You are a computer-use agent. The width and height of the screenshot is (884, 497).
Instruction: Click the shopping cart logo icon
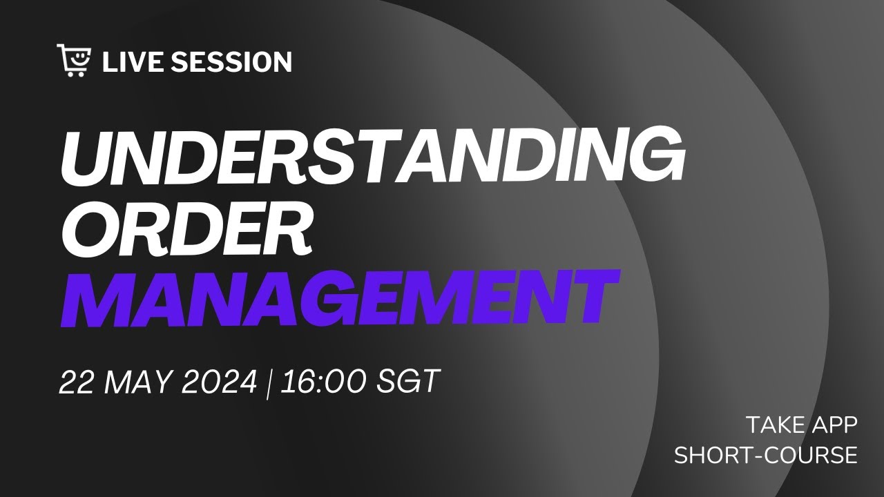pyautogui.click(x=73, y=60)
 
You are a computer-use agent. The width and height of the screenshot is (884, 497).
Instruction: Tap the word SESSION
pyautogui.click(x=231, y=62)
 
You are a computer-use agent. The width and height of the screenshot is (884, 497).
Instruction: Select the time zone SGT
pyautogui.click(x=408, y=382)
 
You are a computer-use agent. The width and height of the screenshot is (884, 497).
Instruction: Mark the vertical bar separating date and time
pyautogui.click(x=269, y=382)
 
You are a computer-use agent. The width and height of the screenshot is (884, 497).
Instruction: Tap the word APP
pyautogui.click(x=833, y=425)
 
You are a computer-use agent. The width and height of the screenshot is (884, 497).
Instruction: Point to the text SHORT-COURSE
pyautogui.click(x=766, y=456)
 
